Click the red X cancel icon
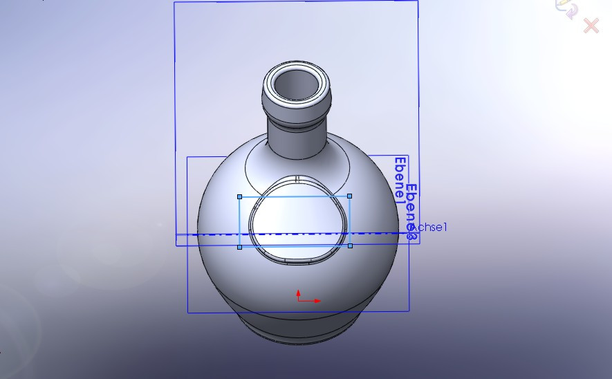coord(591,26)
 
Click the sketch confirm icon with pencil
coord(566,9)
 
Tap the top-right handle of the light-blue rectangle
coord(350,196)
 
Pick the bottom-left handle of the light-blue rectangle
coord(240,246)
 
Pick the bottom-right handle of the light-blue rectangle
coord(350,246)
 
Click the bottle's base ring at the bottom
coord(298,333)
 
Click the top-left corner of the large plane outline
coord(174,3)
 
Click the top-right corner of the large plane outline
coord(418,1)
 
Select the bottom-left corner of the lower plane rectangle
coord(187,313)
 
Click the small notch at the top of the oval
coord(297,178)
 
